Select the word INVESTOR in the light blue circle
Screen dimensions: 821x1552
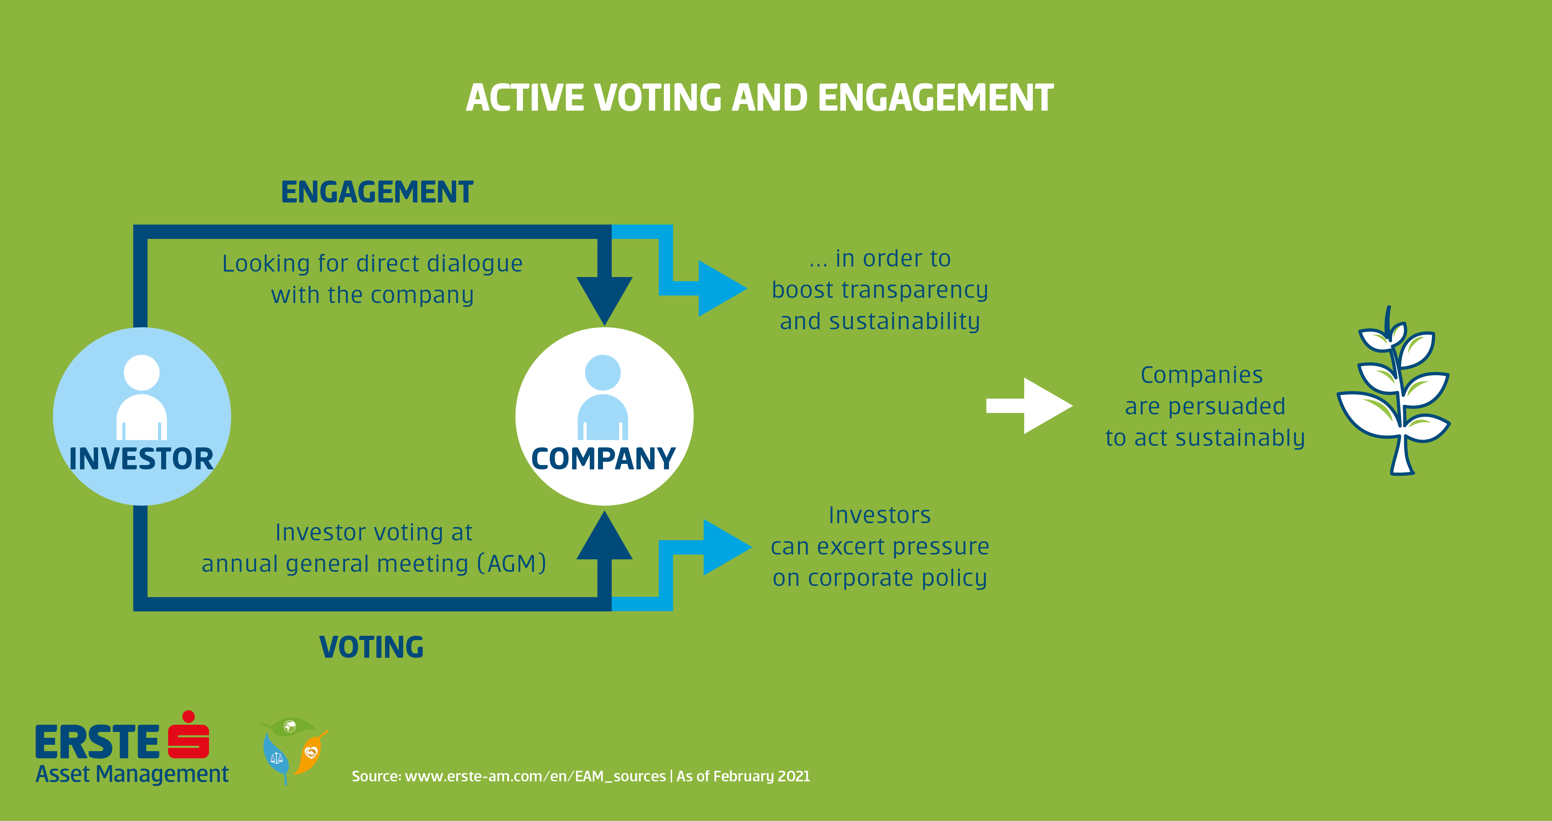[x=141, y=459]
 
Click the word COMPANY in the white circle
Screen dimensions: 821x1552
[x=603, y=459]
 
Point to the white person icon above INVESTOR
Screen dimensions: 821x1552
[x=142, y=398]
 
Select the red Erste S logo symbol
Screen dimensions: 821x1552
[x=189, y=737]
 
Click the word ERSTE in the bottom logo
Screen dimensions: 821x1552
[x=97, y=743]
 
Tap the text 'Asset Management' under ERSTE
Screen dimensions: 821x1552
[x=132, y=774]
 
